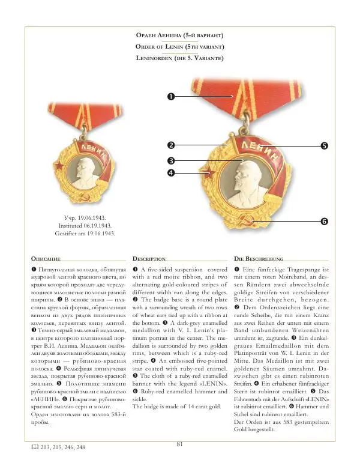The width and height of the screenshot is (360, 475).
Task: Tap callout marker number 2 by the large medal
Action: [x=171, y=145]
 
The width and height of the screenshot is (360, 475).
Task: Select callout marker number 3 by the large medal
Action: [x=171, y=160]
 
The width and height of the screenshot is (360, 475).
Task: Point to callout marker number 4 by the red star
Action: [x=171, y=173]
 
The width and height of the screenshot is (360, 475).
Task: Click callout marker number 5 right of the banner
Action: [x=324, y=145]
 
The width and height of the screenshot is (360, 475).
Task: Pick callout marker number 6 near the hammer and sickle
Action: [x=324, y=222]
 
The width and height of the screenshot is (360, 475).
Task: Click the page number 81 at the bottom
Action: [x=179, y=444]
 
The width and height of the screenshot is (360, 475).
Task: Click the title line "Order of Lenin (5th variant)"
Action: [x=180, y=47]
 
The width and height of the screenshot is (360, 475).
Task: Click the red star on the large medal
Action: [x=210, y=174]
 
